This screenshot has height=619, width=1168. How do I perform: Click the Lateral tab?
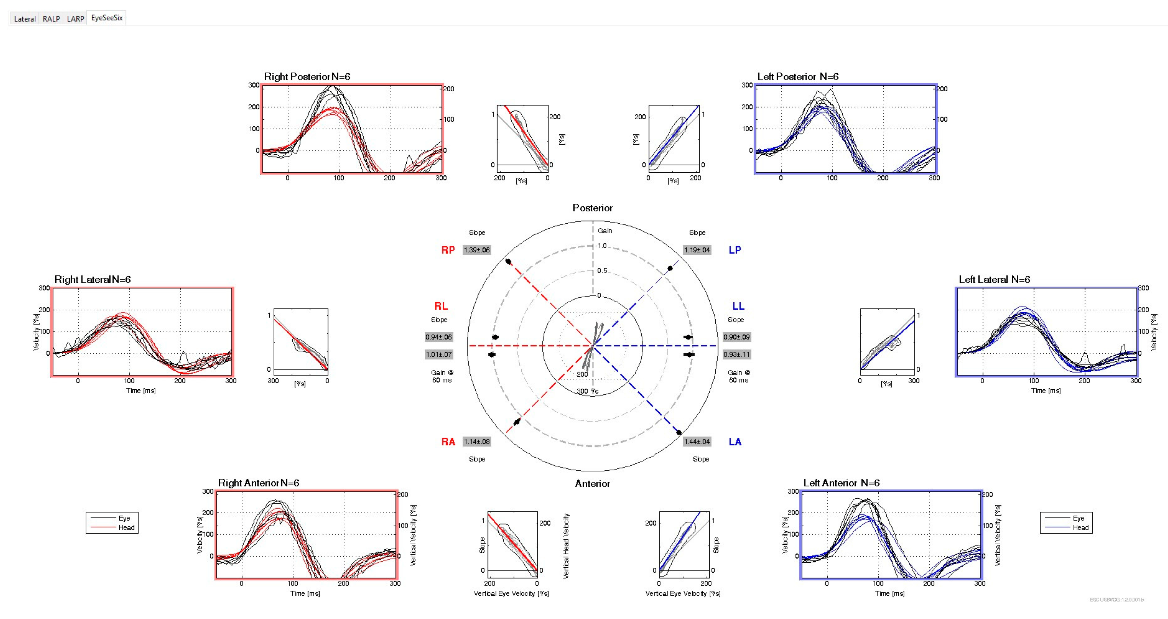[x=24, y=19]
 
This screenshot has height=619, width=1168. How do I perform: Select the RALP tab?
[x=51, y=19]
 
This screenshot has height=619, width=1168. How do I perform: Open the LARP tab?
[x=75, y=19]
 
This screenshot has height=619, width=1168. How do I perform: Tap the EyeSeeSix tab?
[x=107, y=18]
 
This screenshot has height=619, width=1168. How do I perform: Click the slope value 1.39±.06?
[x=476, y=250]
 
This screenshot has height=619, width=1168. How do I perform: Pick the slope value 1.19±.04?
[x=697, y=250]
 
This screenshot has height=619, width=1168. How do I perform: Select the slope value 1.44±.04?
[x=697, y=442]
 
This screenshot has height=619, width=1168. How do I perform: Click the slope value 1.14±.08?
[x=476, y=442]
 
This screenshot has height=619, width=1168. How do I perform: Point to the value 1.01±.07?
[x=439, y=355]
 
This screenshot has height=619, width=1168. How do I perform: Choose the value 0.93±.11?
[x=736, y=355]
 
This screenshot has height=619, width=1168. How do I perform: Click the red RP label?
[x=448, y=250]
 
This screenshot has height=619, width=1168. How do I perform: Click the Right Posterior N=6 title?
[x=307, y=77]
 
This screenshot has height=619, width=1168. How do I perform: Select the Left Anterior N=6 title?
[x=841, y=483]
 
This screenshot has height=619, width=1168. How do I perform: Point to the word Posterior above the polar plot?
[x=592, y=208]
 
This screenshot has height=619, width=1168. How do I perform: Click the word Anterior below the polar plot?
[x=592, y=484]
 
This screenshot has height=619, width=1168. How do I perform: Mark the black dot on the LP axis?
[x=670, y=269]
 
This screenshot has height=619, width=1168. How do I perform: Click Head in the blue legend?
[x=1081, y=527]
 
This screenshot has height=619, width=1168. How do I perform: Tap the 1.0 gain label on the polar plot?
[x=602, y=246]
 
